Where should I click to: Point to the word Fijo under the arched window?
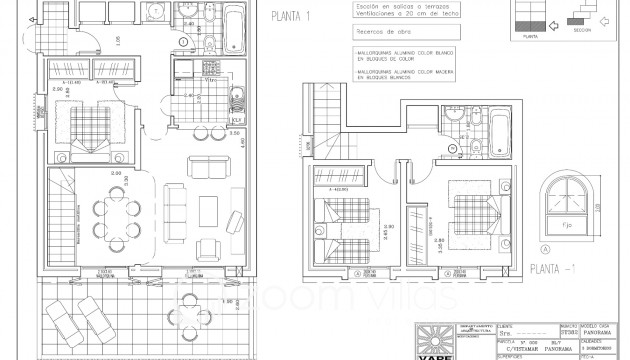point(564,226)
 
